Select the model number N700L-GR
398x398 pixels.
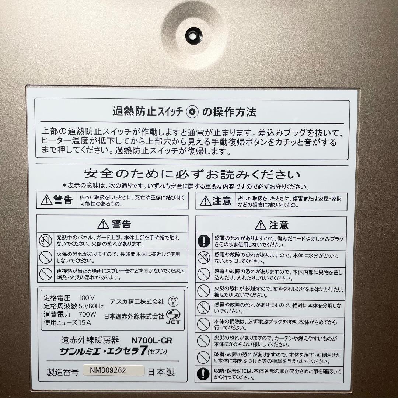point(152,341)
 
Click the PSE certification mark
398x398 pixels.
point(172,301)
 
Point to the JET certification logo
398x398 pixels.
point(173,317)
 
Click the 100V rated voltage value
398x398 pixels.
point(87,297)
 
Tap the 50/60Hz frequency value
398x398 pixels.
point(91,306)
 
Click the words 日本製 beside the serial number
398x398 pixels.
point(161,372)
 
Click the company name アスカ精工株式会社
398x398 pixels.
point(137,301)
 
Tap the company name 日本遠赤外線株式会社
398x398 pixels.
point(134,316)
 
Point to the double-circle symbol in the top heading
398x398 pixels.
point(192,112)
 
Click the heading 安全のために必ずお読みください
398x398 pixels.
point(192,174)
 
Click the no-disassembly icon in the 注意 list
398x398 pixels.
point(203,308)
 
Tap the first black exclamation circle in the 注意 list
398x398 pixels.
point(203,241)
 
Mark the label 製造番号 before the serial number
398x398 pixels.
point(63,372)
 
